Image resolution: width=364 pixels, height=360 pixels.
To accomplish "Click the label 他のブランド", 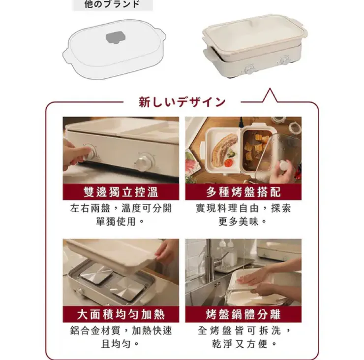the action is pos(112,4).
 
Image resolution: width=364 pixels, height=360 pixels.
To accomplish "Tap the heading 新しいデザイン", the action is pos(182,102).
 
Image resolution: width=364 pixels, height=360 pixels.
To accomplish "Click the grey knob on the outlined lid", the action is pos(116,37).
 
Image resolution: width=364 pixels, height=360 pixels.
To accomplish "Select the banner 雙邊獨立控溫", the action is pos(121,192).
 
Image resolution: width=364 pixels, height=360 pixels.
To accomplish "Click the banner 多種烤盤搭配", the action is pos(243,192).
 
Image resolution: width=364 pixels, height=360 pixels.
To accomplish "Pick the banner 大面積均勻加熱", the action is pos(121,314).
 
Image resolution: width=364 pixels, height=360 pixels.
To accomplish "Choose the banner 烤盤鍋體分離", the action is pos(243,314).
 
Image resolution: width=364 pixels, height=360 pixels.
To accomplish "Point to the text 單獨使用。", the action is pos(120,221).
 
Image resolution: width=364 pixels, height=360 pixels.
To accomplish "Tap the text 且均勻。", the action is pos(120,344).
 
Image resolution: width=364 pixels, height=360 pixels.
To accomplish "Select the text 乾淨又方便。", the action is pos(244,344).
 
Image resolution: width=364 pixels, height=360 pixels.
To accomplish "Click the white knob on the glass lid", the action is pos(284,165).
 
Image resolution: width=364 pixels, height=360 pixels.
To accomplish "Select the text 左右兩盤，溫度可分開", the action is pos(121,208).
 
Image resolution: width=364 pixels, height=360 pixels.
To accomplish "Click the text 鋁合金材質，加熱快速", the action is pos(121,330).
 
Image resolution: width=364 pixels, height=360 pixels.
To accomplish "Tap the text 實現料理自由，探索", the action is pos(243,208).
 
